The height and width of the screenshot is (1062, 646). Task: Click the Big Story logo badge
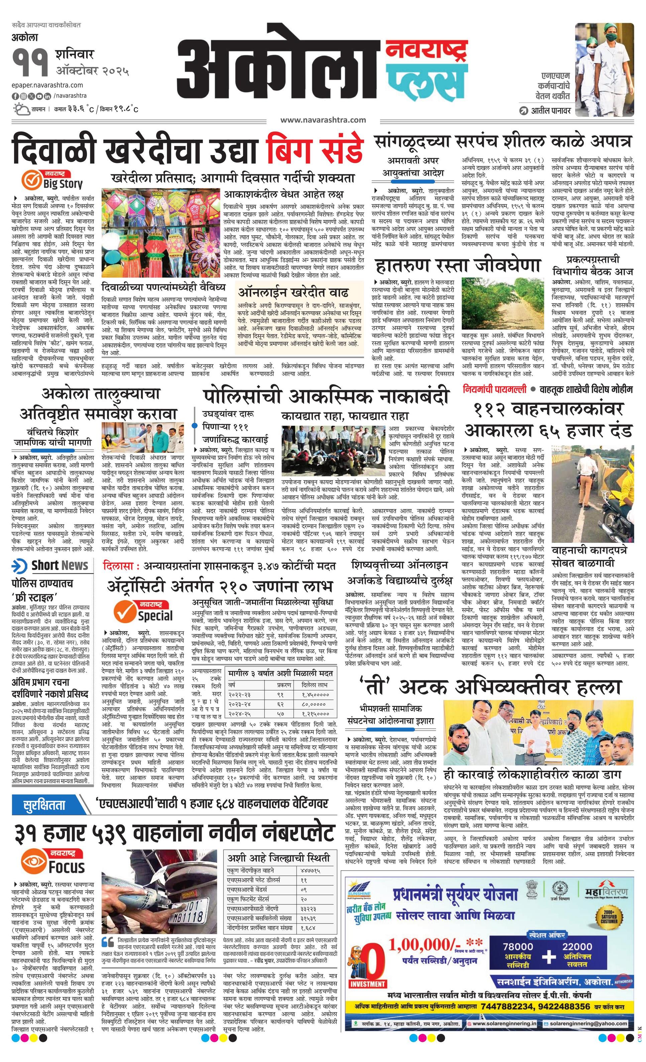tap(52, 180)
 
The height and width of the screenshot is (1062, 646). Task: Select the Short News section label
tap(50, 565)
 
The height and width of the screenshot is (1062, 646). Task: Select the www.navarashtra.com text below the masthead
tap(323, 120)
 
